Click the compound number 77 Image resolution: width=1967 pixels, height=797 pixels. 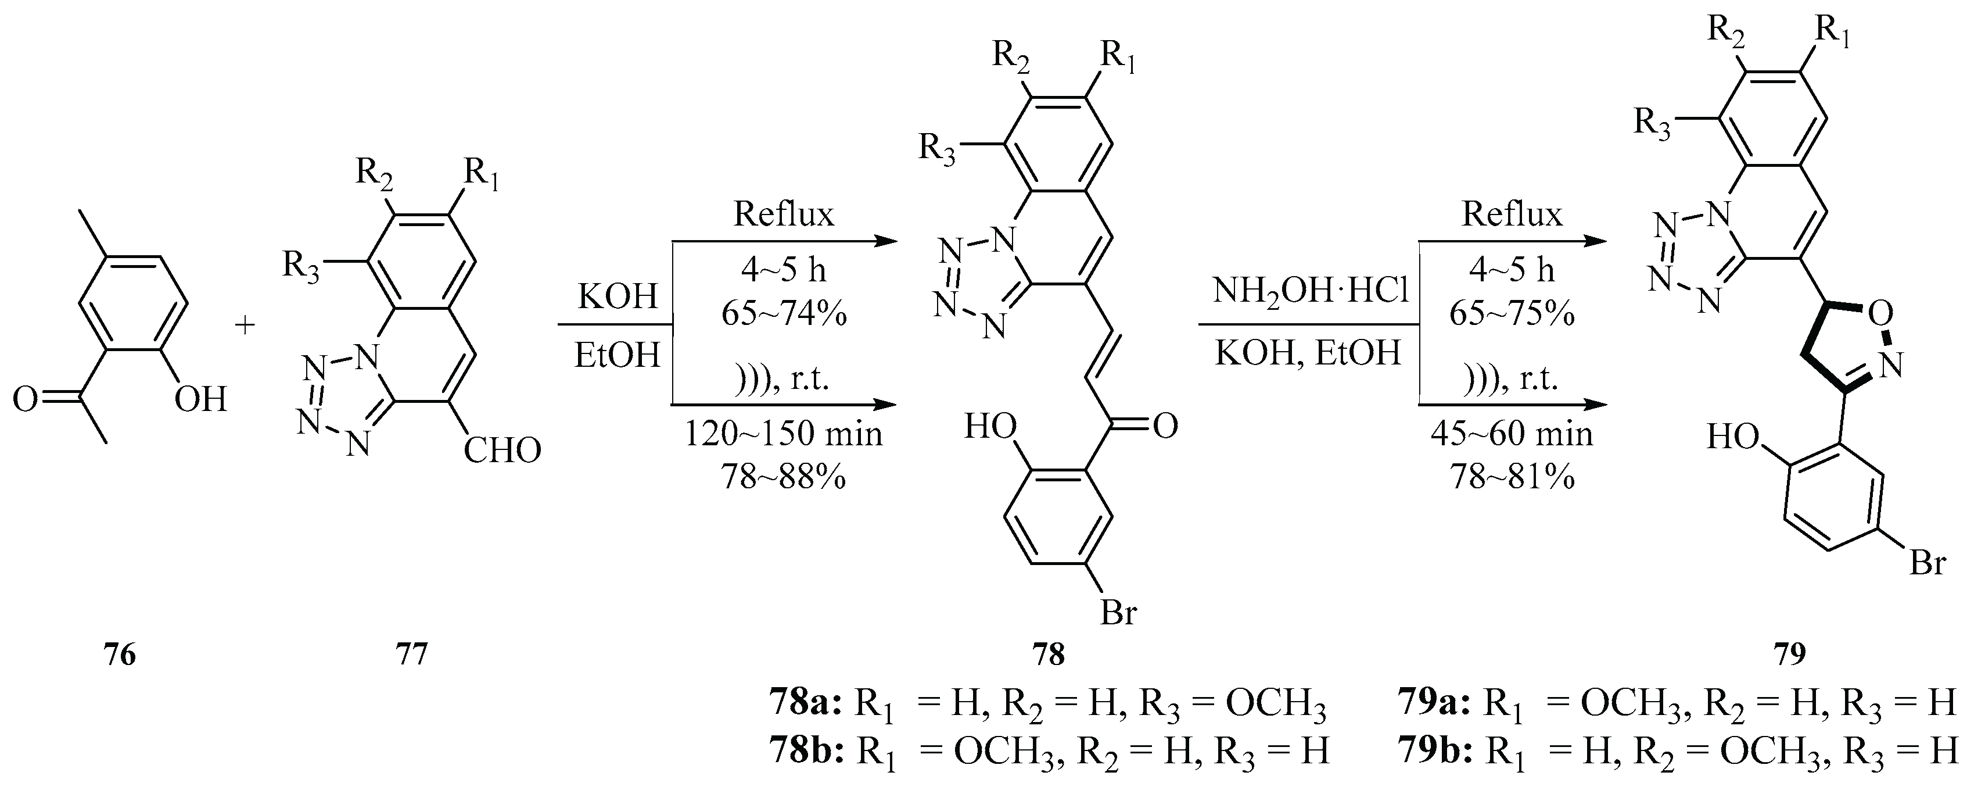(411, 655)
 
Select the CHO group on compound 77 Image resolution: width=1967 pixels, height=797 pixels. (502, 451)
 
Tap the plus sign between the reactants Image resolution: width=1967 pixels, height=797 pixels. (245, 326)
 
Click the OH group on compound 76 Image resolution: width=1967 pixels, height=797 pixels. (201, 399)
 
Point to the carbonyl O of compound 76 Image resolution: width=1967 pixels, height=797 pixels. (24, 399)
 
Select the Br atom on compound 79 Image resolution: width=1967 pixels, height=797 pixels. (1926, 564)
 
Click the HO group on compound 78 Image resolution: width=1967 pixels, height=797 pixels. (990, 427)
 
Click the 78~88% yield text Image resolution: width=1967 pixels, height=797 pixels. (784, 478)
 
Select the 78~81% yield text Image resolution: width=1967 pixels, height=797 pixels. (1512, 478)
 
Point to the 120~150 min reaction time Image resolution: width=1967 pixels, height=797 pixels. (784, 435)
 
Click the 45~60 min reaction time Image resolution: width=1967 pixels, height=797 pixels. (1512, 435)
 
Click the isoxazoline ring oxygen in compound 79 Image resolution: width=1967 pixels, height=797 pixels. (1880, 313)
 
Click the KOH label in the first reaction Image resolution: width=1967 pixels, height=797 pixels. (617, 296)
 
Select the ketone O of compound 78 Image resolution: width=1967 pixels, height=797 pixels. (1165, 427)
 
